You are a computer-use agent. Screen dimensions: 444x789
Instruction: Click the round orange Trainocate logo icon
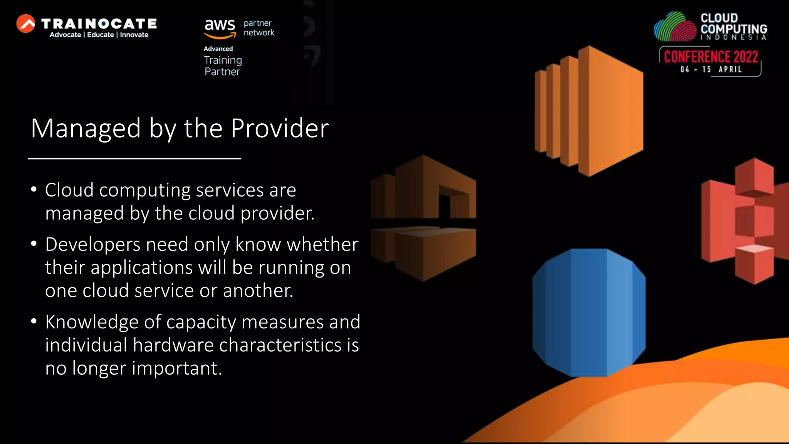coord(26,24)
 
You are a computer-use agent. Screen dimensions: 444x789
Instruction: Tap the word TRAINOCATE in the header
coord(99,24)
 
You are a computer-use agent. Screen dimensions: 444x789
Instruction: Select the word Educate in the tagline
coord(101,35)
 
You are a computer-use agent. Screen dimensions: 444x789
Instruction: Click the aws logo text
coord(220,25)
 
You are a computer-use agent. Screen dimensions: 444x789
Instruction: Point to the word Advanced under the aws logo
coord(218,49)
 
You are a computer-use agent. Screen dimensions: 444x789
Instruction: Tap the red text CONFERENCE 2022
coord(711,57)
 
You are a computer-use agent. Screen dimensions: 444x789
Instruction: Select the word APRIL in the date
coord(730,69)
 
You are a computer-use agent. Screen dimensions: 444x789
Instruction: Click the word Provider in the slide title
coord(280,128)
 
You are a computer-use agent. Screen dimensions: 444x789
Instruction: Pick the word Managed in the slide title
coord(86,128)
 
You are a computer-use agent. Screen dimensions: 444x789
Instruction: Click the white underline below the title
coord(134,158)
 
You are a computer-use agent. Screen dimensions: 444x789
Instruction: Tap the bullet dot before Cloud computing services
coord(34,190)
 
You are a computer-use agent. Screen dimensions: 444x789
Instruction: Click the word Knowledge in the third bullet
coord(92,322)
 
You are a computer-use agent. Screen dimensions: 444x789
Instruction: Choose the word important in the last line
coord(177,368)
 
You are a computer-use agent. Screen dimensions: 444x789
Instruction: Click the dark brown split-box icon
coord(423,218)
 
